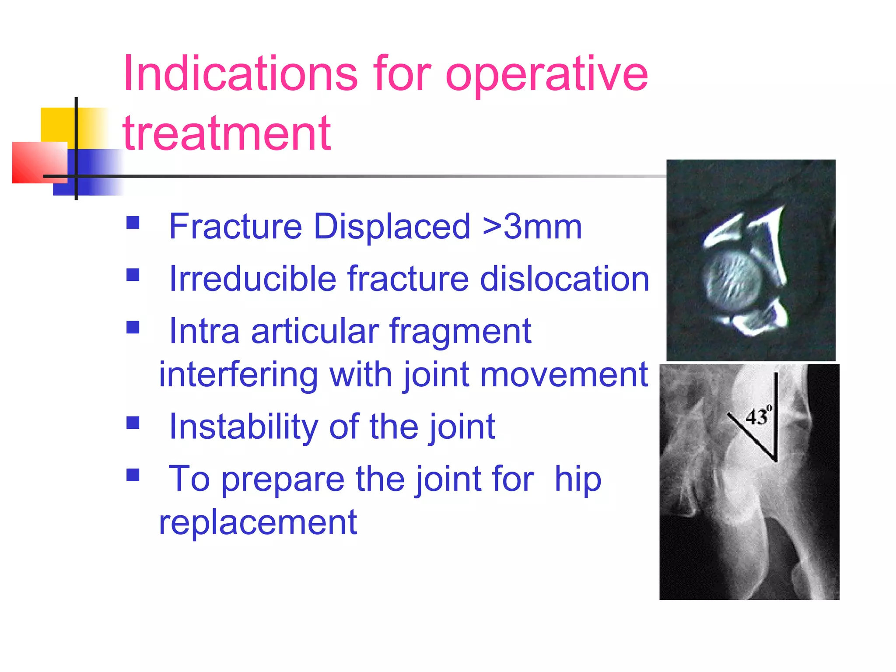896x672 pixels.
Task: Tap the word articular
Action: [x=315, y=331]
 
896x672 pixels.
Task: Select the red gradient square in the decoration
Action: [x=39, y=162]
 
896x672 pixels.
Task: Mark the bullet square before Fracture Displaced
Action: [x=133, y=223]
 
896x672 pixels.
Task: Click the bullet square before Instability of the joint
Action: [x=133, y=423]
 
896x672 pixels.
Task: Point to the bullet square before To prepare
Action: [x=133, y=475]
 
